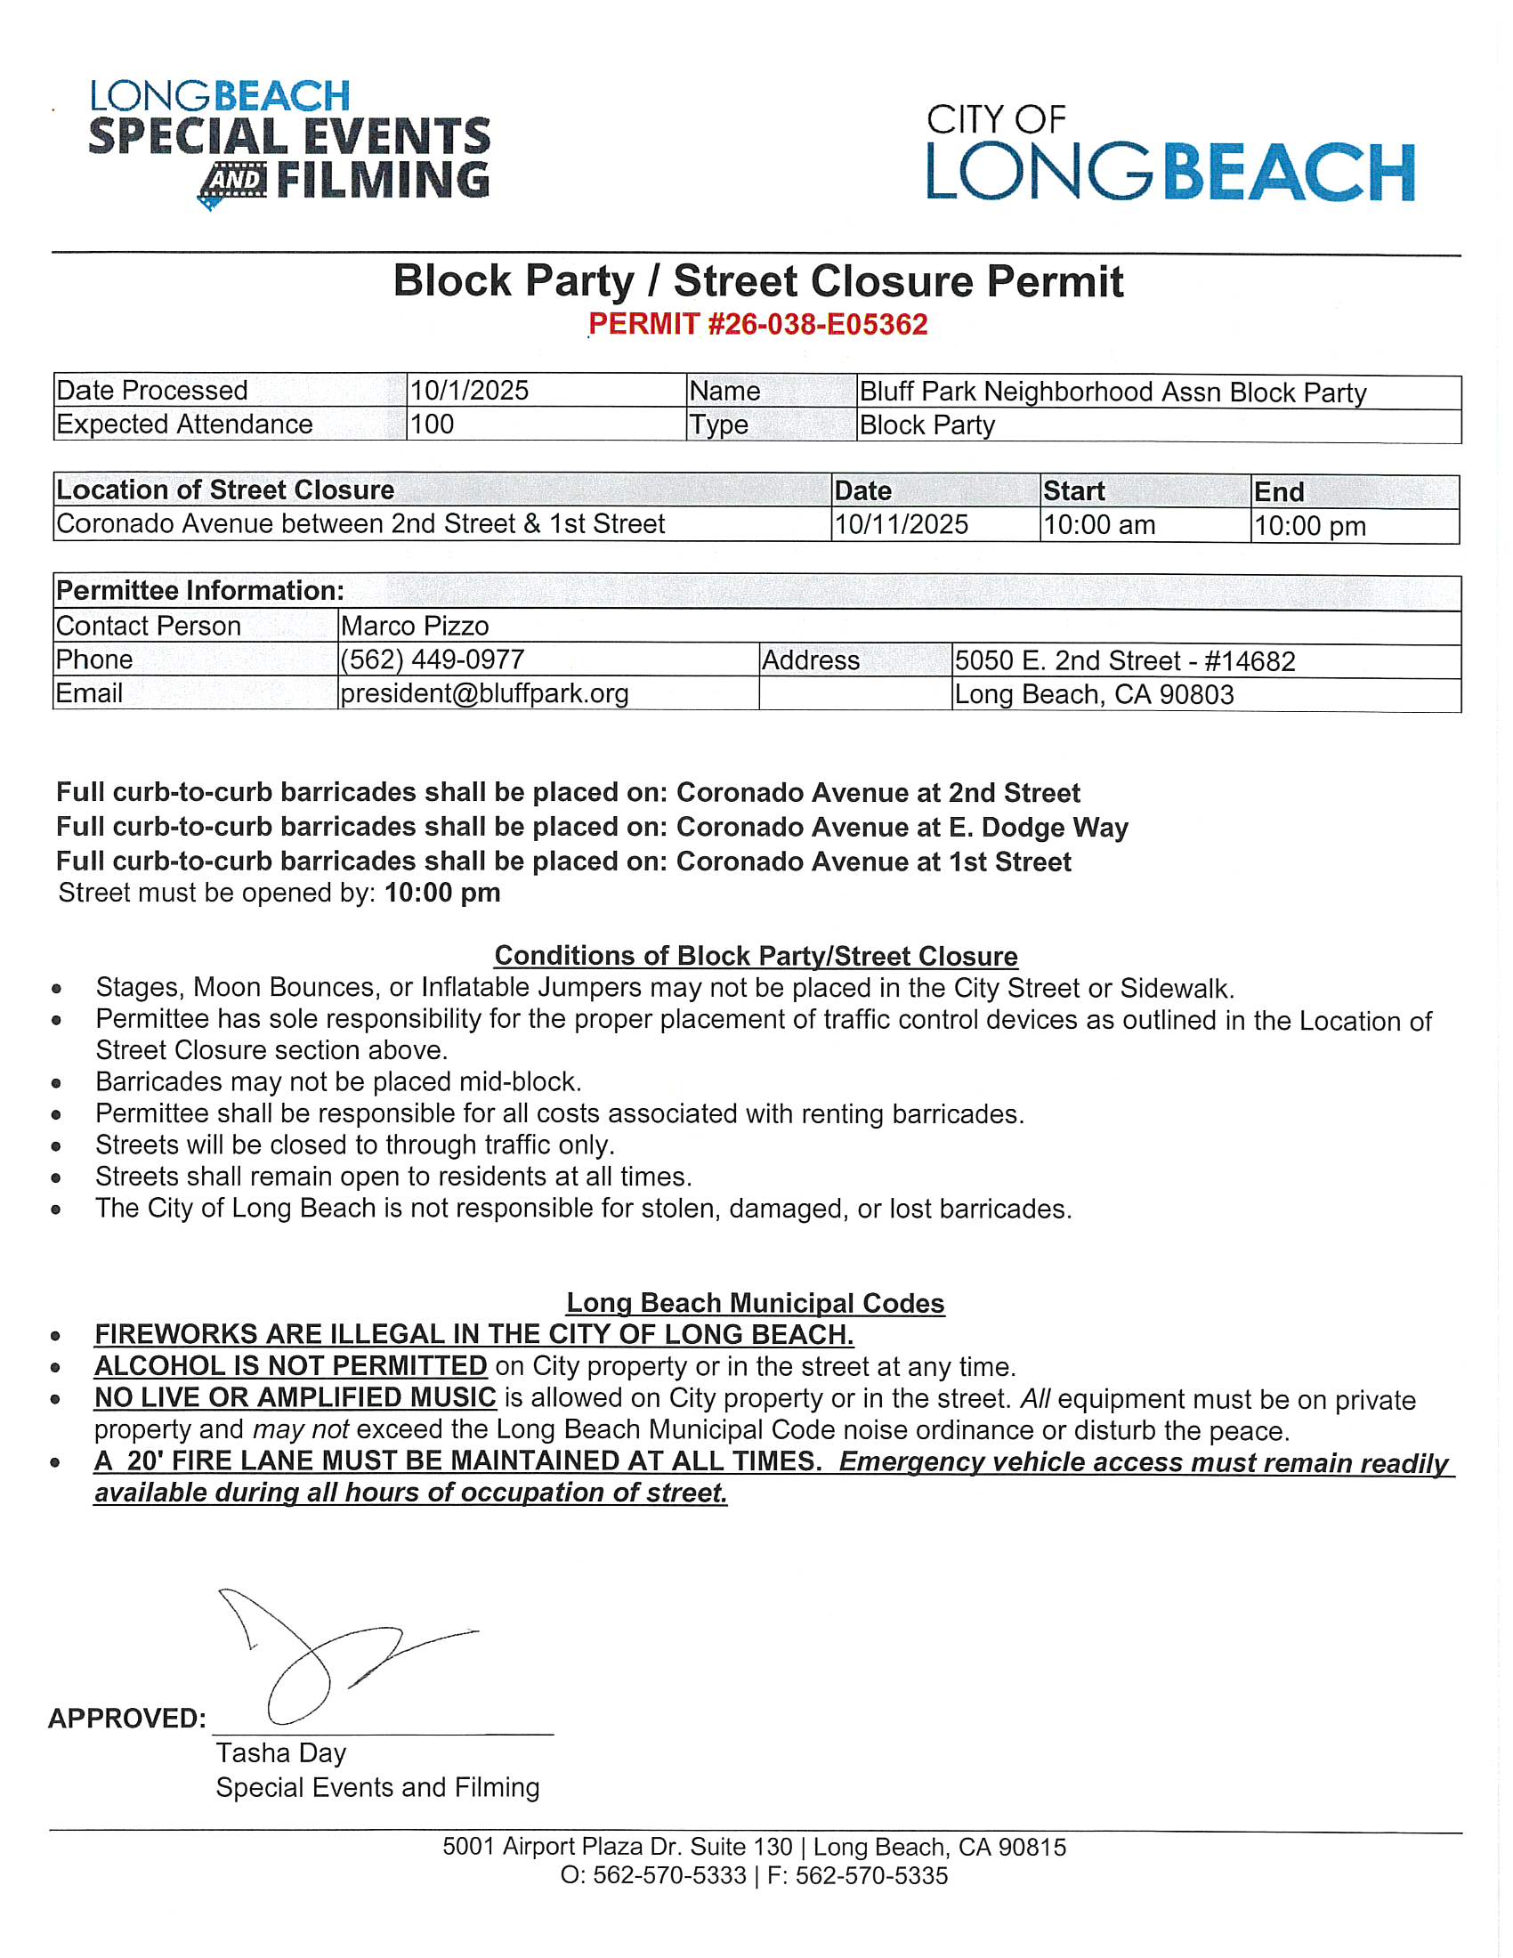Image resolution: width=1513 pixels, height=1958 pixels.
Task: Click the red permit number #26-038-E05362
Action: pyautogui.click(x=757, y=324)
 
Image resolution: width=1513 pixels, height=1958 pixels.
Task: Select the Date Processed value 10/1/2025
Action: pyautogui.click(x=469, y=390)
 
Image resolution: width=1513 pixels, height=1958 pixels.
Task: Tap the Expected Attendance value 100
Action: pyautogui.click(x=431, y=424)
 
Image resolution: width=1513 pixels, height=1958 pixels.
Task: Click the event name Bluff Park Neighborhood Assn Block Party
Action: pyautogui.click(x=1112, y=392)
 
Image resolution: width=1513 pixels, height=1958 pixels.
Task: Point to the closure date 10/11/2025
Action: pyautogui.click(x=901, y=524)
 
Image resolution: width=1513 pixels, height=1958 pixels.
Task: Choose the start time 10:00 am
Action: pyautogui.click(x=1099, y=524)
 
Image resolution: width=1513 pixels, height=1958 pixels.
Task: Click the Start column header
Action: pyautogui.click(x=1074, y=491)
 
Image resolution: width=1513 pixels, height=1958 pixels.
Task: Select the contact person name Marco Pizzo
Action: pyautogui.click(x=414, y=626)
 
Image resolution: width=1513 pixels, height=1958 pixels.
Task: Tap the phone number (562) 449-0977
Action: pyautogui.click(x=432, y=659)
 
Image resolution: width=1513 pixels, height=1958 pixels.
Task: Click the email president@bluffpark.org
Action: pyautogui.click(x=484, y=693)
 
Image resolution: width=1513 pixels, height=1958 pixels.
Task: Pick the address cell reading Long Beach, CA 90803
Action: pyautogui.click(x=1094, y=695)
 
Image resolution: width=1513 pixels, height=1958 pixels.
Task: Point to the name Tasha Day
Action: pyautogui.click(x=280, y=1752)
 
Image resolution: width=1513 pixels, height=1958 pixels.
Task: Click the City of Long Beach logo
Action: pyautogui.click(x=1169, y=152)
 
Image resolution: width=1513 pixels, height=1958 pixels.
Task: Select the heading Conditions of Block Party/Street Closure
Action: pyautogui.click(x=756, y=956)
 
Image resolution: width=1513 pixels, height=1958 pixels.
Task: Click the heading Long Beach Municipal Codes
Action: pyautogui.click(x=756, y=1303)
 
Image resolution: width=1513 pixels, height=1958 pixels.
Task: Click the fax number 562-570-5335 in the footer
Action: pyautogui.click(x=871, y=1875)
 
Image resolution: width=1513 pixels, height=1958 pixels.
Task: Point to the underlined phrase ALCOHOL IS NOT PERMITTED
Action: pyautogui.click(x=290, y=1366)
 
